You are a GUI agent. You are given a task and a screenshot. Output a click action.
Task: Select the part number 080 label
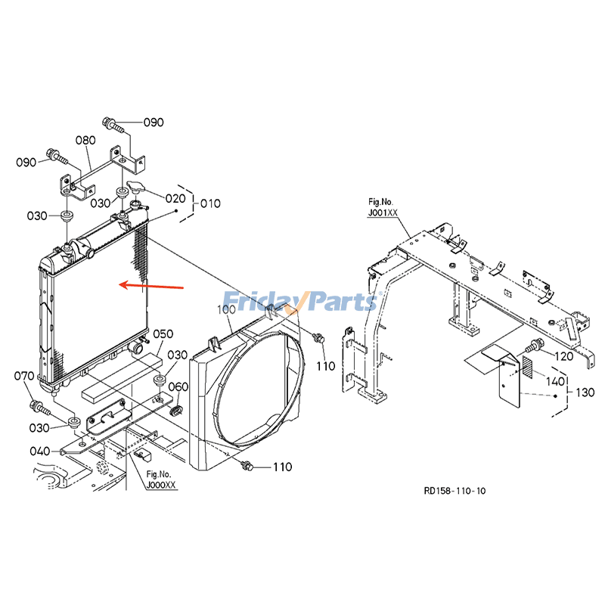(x=85, y=141)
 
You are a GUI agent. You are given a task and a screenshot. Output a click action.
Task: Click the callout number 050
(x=163, y=334)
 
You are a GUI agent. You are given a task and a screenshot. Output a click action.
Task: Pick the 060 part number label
(x=178, y=386)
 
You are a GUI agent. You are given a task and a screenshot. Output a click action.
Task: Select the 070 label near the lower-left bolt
(x=24, y=376)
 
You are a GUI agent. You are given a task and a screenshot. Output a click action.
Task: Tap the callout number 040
(x=39, y=451)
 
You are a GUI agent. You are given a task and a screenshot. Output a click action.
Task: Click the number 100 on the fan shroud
(x=227, y=310)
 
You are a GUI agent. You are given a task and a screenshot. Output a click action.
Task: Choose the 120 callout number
(x=564, y=355)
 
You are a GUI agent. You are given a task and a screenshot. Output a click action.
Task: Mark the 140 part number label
(x=556, y=381)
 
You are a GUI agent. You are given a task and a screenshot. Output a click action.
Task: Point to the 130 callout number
(x=585, y=392)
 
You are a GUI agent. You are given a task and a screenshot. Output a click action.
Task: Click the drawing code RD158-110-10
(x=455, y=491)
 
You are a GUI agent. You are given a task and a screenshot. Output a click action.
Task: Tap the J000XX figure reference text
(x=162, y=484)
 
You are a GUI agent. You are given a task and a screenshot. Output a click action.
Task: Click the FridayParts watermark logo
(x=299, y=301)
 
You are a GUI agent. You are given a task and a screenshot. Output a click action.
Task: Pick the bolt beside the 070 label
(x=39, y=408)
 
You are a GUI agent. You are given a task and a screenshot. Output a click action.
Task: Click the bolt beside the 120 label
(x=534, y=347)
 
